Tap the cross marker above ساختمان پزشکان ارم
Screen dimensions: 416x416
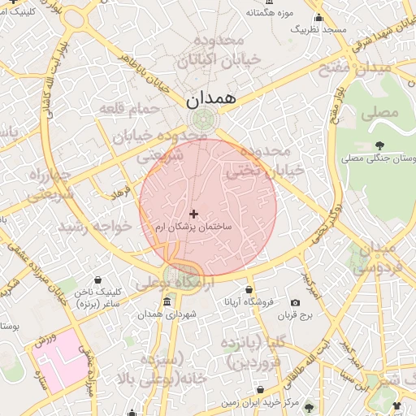tap(193, 213)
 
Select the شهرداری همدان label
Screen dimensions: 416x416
tap(167, 314)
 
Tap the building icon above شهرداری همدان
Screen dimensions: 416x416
tap(167, 302)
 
